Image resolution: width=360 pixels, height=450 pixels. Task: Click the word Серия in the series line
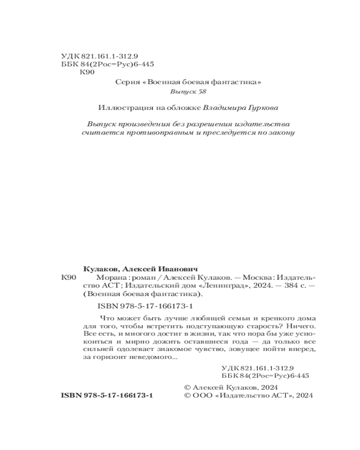125,82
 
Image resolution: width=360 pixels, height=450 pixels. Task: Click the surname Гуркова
261,108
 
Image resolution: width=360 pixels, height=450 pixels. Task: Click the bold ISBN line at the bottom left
107,396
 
